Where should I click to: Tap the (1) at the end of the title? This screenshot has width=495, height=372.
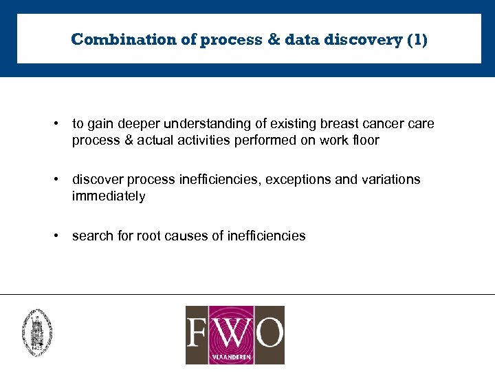click(417, 39)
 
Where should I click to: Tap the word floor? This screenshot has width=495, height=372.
click(364, 141)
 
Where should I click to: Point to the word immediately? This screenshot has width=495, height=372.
click(109, 197)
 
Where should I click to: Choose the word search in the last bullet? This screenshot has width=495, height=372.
click(91, 236)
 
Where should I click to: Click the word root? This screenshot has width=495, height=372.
click(148, 236)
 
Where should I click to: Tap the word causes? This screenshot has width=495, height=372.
click(186, 236)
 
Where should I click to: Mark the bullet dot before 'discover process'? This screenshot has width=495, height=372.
click(54, 180)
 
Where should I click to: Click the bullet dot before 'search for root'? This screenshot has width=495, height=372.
click(54, 236)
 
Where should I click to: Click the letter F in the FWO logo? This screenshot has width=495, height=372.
click(202, 331)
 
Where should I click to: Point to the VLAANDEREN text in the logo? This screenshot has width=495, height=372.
click(234, 358)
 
